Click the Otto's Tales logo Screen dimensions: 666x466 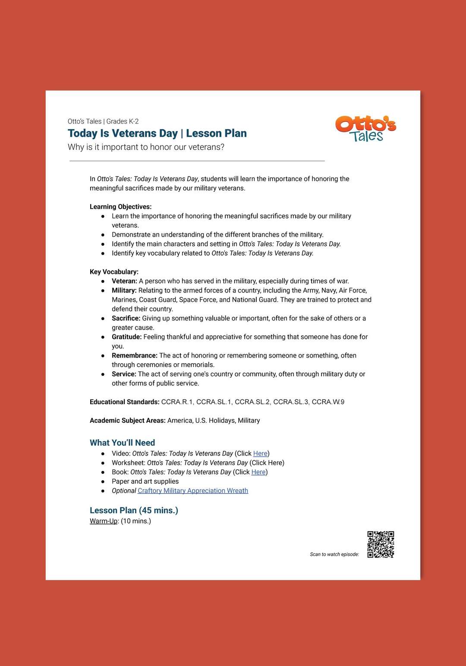click(x=365, y=129)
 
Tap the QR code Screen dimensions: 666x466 click(x=381, y=544)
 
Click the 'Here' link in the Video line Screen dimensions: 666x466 click(x=260, y=454)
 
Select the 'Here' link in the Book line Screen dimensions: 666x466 click(x=258, y=472)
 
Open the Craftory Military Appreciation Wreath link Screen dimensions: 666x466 click(x=193, y=491)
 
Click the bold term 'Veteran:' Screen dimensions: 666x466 click(x=124, y=281)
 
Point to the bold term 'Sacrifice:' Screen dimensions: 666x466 click(x=126, y=318)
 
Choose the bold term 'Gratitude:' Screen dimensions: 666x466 click(x=126, y=337)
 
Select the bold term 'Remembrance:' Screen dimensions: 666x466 click(x=134, y=355)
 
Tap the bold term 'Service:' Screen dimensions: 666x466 click(x=124, y=374)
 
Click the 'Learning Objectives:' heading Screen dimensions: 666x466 click(x=120, y=207)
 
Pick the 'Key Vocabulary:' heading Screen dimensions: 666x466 click(x=114, y=272)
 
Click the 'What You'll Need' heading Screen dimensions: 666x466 click(x=122, y=443)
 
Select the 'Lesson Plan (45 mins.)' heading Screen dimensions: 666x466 click(x=134, y=511)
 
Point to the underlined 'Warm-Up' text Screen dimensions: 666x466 click(x=104, y=521)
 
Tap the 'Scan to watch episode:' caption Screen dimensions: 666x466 click(x=334, y=555)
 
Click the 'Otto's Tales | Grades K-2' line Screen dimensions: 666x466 click(x=103, y=121)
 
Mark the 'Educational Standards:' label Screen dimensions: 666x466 click(x=124, y=402)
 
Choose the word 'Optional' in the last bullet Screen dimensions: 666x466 click(x=124, y=491)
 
